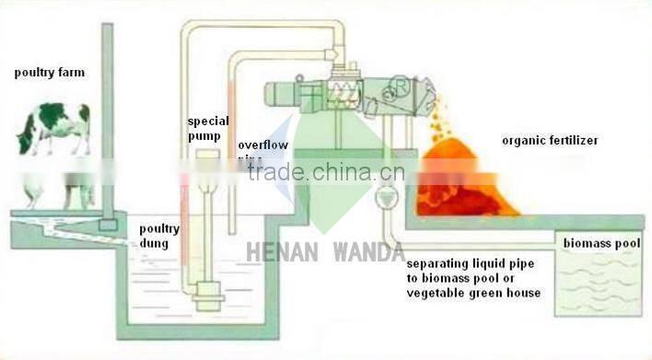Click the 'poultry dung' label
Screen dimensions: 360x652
click(159, 237)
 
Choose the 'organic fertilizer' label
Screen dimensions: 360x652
click(550, 141)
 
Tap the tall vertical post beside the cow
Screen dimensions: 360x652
click(107, 120)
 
